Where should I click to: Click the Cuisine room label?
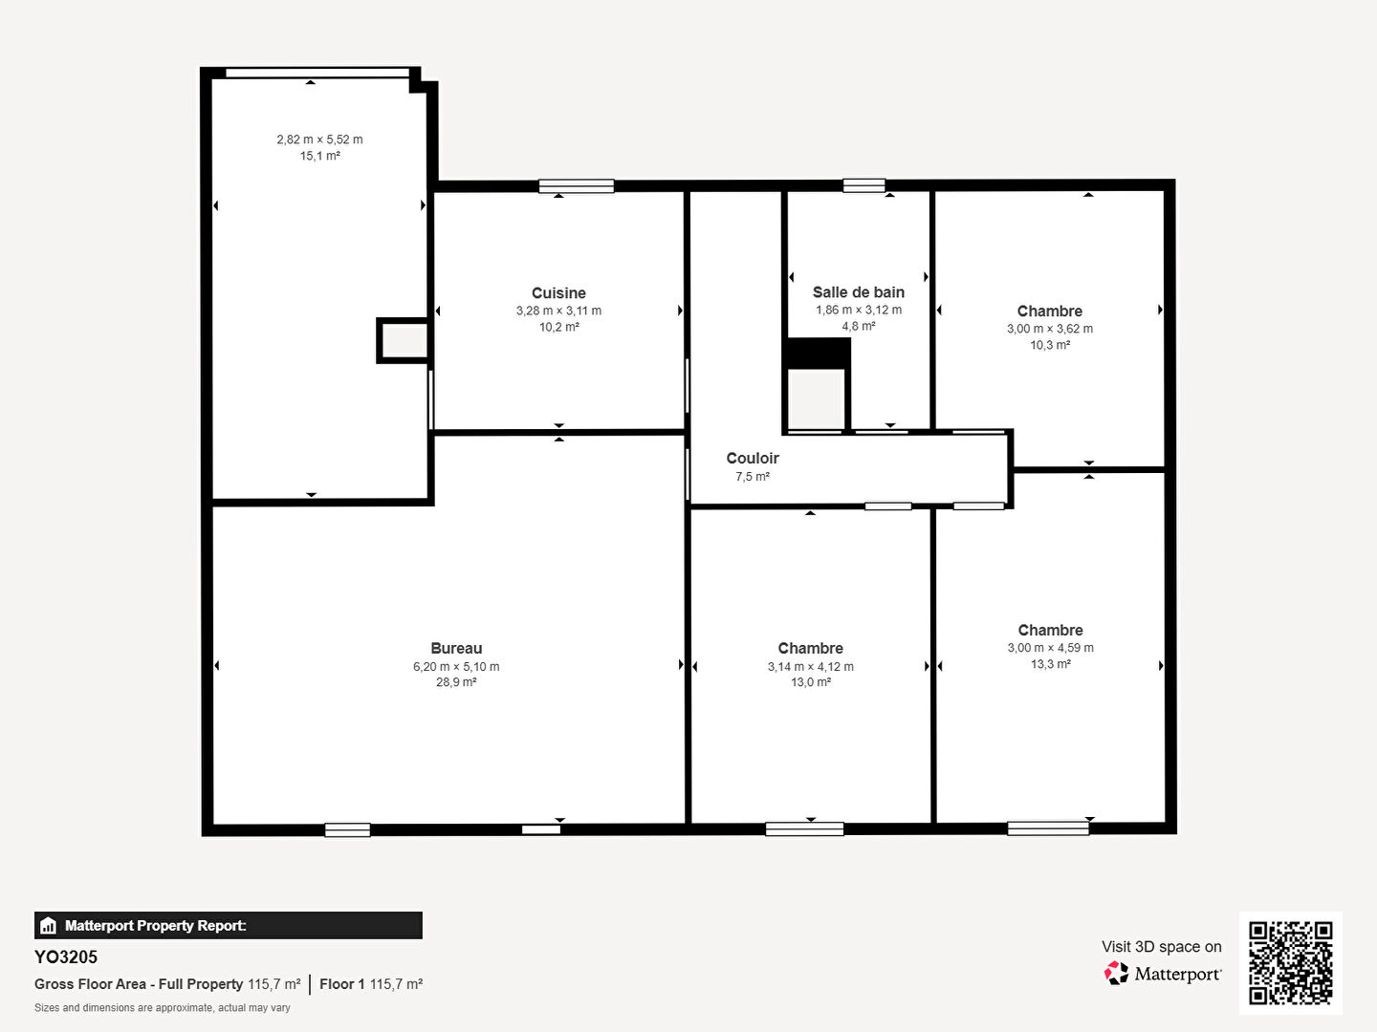coord(558,292)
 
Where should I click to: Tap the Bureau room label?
coord(456,648)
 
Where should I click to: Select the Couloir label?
coord(753,458)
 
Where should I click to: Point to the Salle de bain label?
coord(858,292)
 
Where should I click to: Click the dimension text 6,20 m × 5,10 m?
coord(456,666)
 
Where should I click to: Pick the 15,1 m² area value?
coord(320,156)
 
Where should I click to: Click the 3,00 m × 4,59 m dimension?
coord(1050,647)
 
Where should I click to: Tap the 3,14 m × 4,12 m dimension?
coord(811,666)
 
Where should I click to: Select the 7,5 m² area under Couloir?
coord(753,476)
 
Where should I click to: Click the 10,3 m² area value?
coord(1050,345)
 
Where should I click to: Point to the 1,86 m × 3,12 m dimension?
coord(858,310)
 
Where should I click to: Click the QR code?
coord(1290,962)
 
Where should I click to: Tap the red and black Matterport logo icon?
coord(1116,973)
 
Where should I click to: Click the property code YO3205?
coord(66,957)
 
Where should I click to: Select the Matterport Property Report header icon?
coord(48,926)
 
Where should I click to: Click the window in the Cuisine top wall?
coord(576,186)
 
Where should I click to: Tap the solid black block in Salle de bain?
coord(819,354)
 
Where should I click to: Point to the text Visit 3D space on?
coord(1161,946)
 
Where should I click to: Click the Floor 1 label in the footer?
coord(342,984)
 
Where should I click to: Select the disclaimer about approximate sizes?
coord(162,1007)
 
